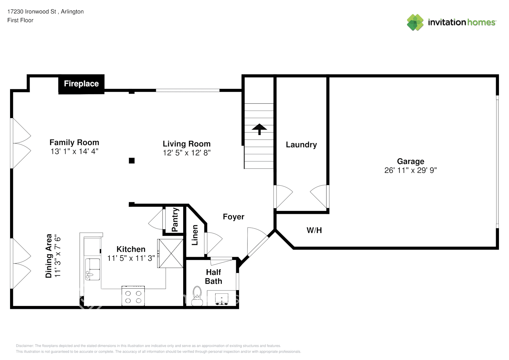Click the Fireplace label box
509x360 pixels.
81,84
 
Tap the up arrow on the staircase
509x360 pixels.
259,129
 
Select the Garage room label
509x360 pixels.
411,161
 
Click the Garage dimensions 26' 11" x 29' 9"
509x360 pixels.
410,170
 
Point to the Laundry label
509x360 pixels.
301,145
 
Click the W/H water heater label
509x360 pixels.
314,230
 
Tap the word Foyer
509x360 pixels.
234,217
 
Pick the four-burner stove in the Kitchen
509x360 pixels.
133,296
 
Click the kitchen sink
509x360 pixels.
93,269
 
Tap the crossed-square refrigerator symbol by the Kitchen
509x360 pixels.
171,253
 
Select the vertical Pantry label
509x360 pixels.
175,220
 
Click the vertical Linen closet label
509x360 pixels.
195,235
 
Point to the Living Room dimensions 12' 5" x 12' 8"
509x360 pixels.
186,153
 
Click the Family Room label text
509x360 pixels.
74,143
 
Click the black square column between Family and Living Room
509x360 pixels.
132,161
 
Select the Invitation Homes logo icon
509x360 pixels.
415,22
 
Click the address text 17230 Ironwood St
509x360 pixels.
32,12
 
